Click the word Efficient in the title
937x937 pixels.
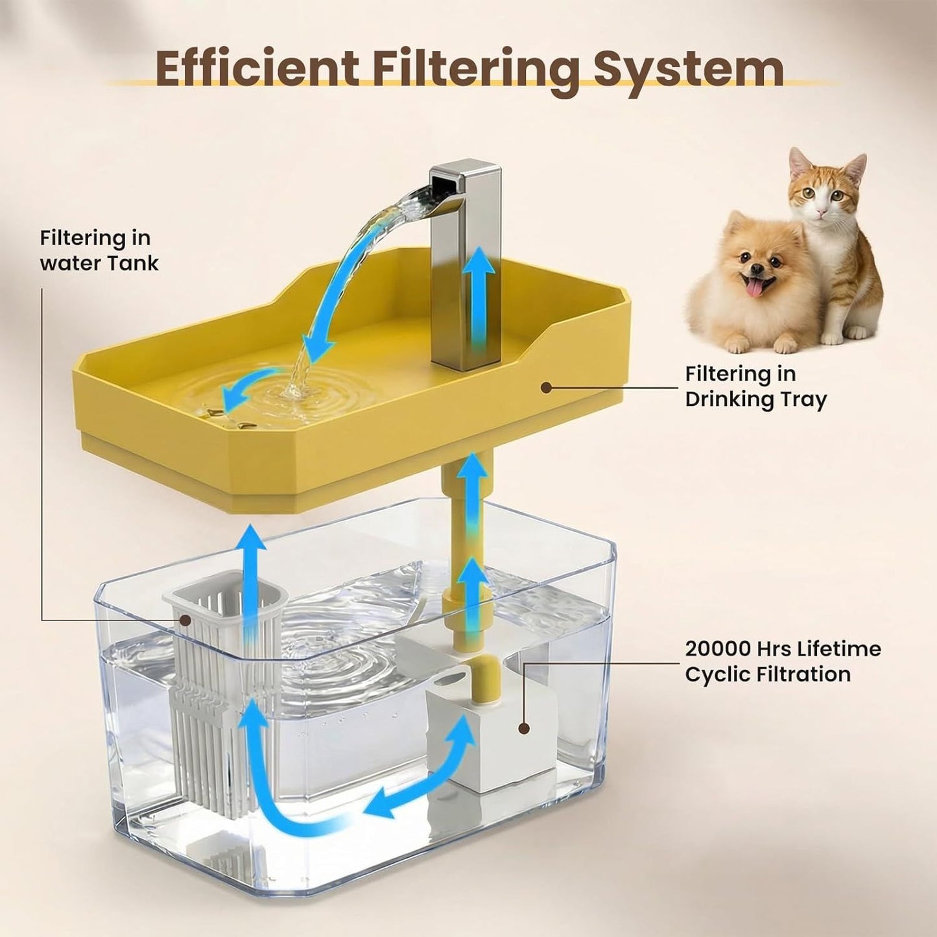(x=257, y=69)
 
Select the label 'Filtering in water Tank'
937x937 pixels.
(x=99, y=250)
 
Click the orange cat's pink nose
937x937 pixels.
(x=821, y=213)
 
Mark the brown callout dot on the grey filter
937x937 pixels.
(x=185, y=620)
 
